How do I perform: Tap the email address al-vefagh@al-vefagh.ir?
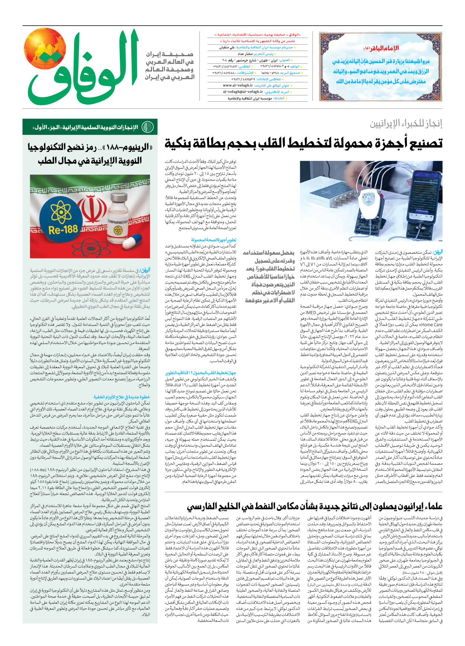[x=243, y=92]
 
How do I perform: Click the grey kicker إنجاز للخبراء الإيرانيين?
[x=406, y=124]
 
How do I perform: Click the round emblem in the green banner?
[x=148, y=127]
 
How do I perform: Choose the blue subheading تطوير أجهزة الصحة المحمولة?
[x=214, y=240]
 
